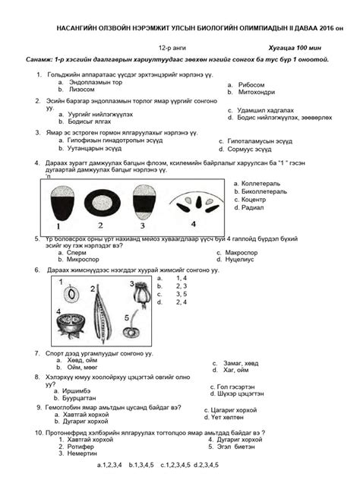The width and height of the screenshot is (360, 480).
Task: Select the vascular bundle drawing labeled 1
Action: [x=61, y=203]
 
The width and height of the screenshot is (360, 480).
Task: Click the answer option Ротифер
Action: [x=84, y=447]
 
